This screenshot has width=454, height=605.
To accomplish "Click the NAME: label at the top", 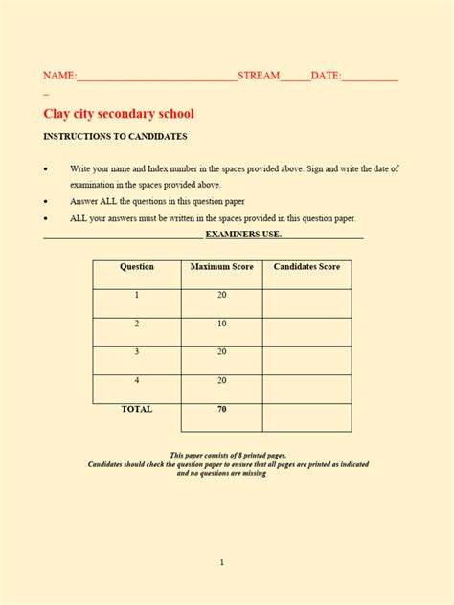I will pos(59,76).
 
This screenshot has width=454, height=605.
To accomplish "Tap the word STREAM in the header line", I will pos(259,76).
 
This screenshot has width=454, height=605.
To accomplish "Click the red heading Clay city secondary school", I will pos(119,113).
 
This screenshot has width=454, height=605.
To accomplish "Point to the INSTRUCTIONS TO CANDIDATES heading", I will pos(115,138).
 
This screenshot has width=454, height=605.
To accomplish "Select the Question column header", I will pos(137,267).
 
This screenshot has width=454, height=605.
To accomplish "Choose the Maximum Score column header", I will pos(222,267).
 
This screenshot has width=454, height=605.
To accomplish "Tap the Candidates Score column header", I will pos(306,267).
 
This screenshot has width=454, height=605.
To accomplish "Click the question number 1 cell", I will pos(137,295).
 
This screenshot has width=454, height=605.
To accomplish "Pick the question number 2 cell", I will pos(137,324).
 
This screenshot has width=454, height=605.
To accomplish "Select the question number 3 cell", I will pos(137,352).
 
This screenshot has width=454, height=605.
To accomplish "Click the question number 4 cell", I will pos(137,381).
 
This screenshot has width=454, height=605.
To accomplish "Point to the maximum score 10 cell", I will pos(222,324).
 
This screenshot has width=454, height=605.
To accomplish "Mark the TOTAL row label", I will pos(137,409).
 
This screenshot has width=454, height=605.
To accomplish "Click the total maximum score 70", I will pos(222,409).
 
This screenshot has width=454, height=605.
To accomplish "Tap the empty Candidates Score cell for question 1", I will pos(306,302).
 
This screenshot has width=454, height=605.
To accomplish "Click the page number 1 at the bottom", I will pos(222,562).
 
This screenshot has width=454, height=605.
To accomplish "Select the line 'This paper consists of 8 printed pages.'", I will pos(228,455).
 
